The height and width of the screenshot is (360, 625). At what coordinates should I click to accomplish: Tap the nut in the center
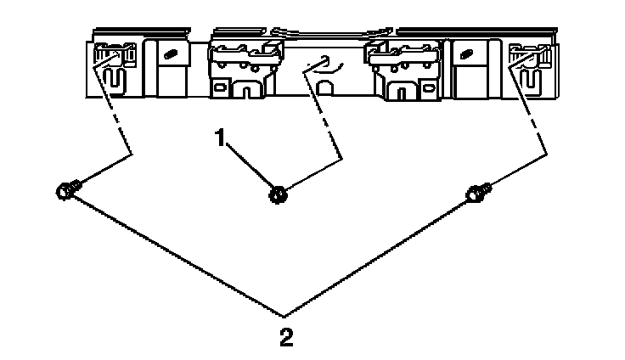point(276,195)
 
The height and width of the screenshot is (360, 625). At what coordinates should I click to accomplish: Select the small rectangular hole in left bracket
point(225,87)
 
